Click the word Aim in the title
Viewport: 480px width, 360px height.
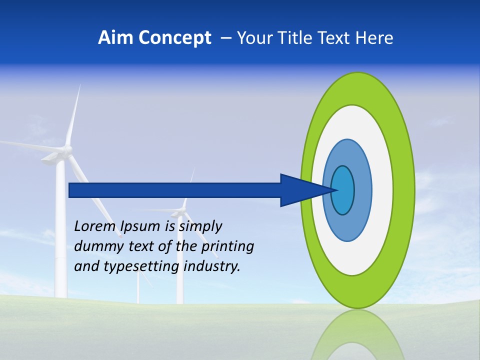click(x=116, y=38)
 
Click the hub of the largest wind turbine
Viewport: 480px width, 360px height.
click(x=66, y=149)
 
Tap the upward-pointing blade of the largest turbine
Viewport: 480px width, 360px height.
click(x=73, y=115)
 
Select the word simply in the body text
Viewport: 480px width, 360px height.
click(x=200, y=227)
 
